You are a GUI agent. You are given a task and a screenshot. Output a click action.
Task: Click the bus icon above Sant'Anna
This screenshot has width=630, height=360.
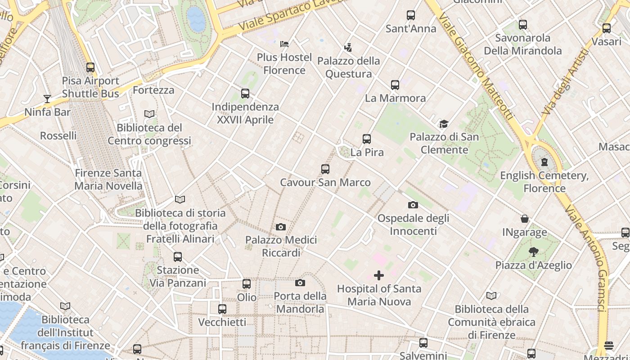click(411, 15)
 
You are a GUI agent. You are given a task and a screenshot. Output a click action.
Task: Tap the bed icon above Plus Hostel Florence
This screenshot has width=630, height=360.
click(284, 44)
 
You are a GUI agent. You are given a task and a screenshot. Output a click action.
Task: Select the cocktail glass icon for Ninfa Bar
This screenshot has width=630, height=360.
click(47, 99)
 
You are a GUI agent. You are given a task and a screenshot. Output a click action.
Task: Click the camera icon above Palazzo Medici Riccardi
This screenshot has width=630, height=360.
click(281, 227)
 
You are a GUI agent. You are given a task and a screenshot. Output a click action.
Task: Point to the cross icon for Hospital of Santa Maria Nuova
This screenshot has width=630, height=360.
click(379, 275)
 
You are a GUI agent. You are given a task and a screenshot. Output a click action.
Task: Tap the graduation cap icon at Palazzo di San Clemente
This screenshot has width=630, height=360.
click(444, 124)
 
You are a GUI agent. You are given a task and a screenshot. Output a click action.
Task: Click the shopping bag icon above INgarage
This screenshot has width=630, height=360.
click(525, 219)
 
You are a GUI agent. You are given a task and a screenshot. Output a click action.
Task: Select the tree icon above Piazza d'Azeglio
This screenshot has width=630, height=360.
click(534, 252)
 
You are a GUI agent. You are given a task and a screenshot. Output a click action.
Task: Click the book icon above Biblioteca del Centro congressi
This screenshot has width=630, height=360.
click(149, 114)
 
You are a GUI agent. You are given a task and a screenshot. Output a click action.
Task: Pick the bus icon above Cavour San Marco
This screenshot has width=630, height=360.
click(325, 169)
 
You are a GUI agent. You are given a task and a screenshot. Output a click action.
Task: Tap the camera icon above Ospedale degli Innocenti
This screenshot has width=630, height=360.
click(413, 205)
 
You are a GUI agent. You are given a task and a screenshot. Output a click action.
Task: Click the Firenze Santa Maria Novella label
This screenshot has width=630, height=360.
click(108, 179)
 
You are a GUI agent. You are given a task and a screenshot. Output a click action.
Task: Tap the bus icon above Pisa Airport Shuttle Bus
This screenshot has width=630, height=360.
click(90, 67)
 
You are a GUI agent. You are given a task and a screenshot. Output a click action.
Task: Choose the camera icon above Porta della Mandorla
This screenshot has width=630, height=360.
click(300, 283)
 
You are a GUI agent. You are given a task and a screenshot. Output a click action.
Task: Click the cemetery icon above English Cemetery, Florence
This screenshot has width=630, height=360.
click(544, 162)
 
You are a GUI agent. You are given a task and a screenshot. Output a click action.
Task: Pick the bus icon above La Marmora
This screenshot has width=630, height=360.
click(395, 85)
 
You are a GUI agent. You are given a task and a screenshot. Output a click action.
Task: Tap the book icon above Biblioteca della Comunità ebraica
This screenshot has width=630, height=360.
click(491, 296)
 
